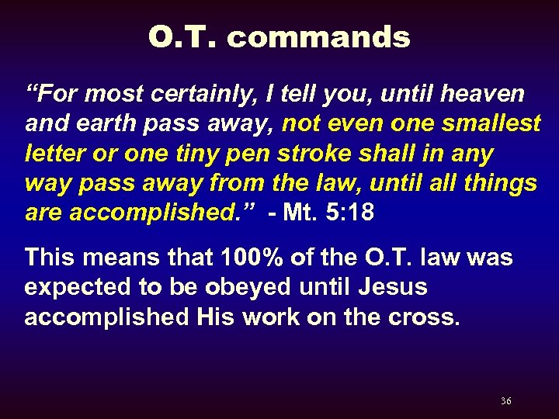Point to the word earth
(x=107, y=124)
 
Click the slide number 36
(x=505, y=401)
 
